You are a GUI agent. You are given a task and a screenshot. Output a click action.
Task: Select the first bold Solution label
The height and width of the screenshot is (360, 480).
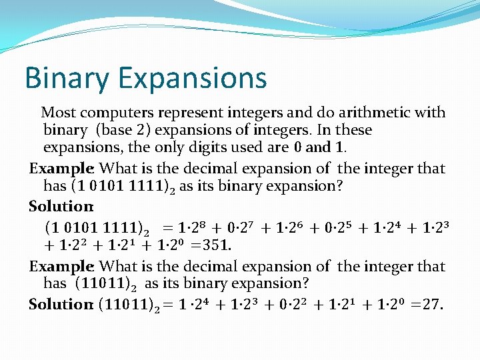click(x=61, y=206)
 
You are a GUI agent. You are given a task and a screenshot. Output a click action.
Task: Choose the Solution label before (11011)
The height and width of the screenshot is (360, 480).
click(x=61, y=304)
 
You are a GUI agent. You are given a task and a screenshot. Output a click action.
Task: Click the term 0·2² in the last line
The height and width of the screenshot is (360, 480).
click(x=305, y=304)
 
